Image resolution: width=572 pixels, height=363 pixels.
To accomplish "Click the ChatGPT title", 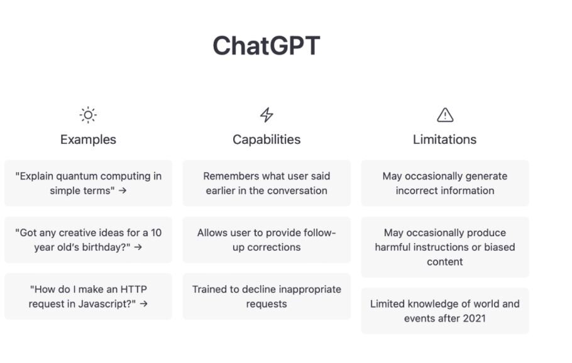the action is [267, 46].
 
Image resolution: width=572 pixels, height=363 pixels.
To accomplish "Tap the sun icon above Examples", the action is [88, 115].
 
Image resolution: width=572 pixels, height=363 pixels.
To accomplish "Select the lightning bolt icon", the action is [267, 115].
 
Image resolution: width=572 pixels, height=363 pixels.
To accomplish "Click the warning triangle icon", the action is [445, 115].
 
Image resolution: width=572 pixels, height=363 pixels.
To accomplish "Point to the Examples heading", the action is [88, 139].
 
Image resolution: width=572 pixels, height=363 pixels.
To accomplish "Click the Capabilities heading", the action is [267, 139].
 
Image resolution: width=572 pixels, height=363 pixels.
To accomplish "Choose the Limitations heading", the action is [444, 139].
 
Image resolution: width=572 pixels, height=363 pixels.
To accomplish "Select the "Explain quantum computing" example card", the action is [88, 183].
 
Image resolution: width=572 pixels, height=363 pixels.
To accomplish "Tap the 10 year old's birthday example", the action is [88, 240].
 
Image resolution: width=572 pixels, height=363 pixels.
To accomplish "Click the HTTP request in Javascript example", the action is [88, 296].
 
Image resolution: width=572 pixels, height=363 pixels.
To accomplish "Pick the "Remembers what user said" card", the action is [267, 183].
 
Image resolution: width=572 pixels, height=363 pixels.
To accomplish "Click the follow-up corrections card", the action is [267, 240].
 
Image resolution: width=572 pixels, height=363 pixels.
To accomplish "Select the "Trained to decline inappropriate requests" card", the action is [267, 296].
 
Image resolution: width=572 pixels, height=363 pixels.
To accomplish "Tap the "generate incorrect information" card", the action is [445, 183].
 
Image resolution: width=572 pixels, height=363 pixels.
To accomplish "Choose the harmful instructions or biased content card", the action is [445, 247].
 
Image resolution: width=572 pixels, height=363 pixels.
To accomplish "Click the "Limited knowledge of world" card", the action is [445, 311].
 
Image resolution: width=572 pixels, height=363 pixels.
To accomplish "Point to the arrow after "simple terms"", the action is [123, 191].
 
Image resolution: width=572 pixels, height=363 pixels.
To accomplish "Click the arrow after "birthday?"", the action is [138, 247].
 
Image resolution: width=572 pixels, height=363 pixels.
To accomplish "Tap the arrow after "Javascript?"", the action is [144, 303].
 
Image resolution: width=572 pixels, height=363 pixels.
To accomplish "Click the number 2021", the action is [474, 318].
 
